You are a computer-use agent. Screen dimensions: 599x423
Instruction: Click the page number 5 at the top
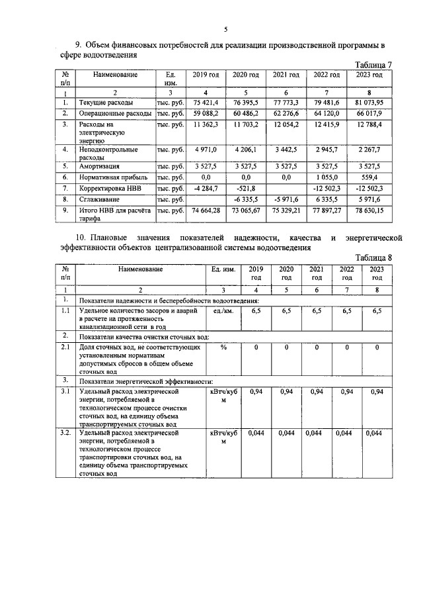click(x=225, y=29)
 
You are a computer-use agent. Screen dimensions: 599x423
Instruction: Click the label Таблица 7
click(x=373, y=65)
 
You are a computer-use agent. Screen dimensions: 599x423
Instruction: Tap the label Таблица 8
click(x=373, y=258)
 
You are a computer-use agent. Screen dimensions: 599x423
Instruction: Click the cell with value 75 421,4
click(x=205, y=103)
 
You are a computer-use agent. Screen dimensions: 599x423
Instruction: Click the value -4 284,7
click(x=205, y=188)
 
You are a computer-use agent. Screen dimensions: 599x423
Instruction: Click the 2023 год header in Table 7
click(x=369, y=75)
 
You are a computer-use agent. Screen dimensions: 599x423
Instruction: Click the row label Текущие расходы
click(x=106, y=103)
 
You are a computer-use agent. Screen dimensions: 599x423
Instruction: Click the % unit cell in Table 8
click(x=223, y=347)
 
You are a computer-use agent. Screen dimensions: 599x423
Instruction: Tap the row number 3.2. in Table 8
click(x=64, y=432)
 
